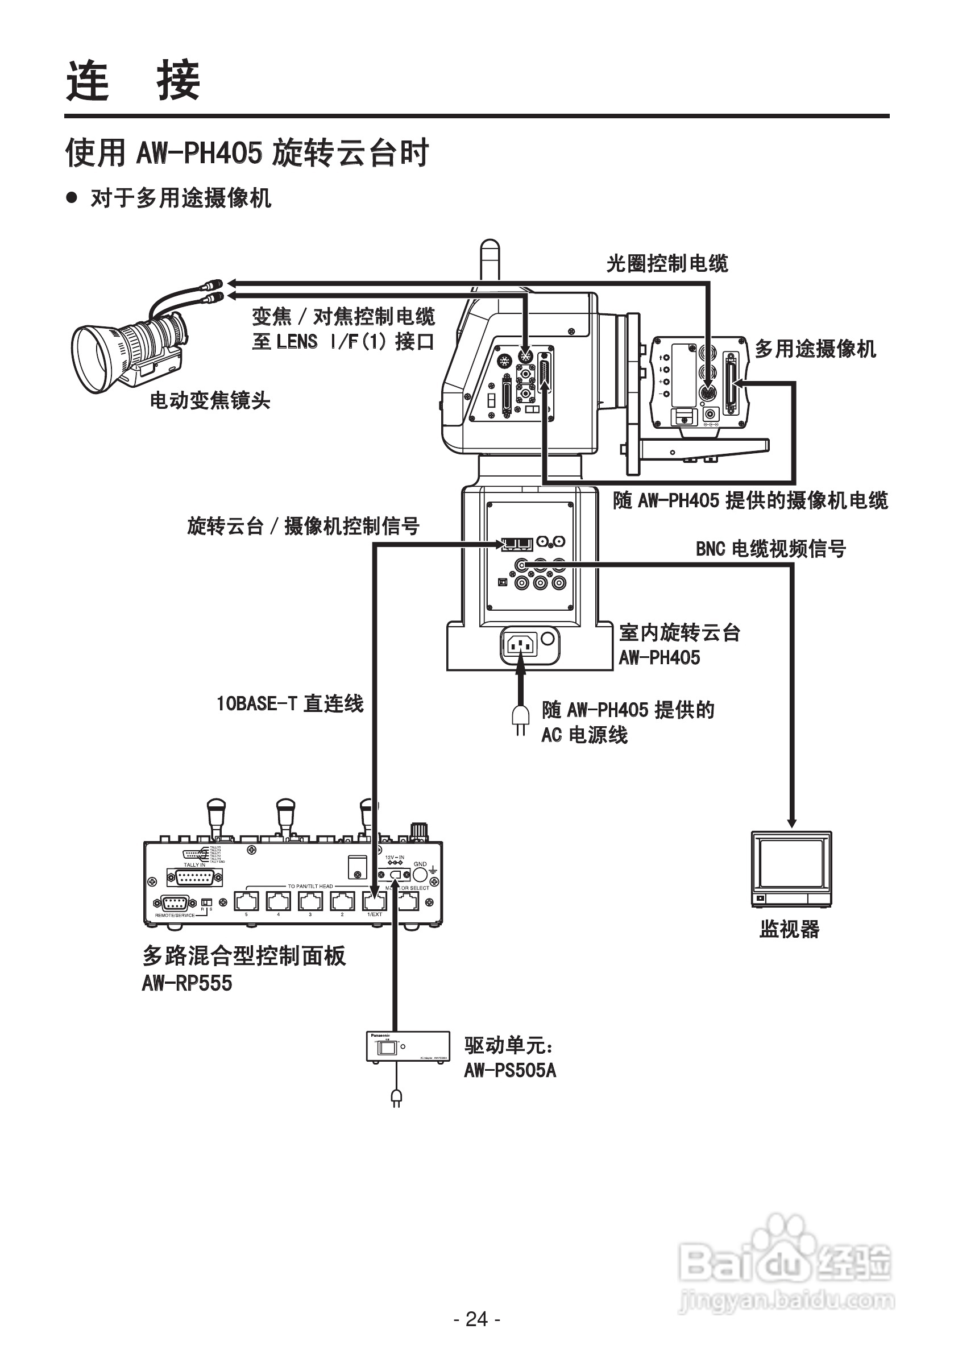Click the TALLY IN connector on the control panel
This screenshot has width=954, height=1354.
click(194, 877)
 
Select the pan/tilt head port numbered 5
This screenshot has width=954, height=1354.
click(247, 901)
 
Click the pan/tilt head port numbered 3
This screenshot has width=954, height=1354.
click(310, 901)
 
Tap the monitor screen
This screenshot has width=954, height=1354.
click(791, 863)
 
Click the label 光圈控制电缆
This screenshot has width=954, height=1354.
click(667, 263)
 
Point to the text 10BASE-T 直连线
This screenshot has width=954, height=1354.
click(290, 703)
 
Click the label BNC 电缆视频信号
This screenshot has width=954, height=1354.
click(770, 548)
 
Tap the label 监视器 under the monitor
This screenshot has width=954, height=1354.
click(790, 929)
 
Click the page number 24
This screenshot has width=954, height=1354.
click(477, 1319)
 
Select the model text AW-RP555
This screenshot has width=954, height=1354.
click(187, 983)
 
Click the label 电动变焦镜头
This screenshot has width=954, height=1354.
click(210, 400)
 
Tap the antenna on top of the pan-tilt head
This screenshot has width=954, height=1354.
click(490, 259)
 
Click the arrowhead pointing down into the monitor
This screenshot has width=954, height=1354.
click(792, 823)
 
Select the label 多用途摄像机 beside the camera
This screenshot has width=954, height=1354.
click(815, 349)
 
